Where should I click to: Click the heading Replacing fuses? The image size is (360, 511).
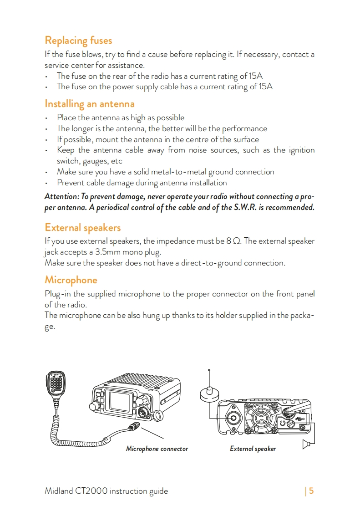(x=78, y=41)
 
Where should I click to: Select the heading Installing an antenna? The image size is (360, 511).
(x=89, y=104)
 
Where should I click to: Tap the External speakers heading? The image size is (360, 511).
(x=82, y=227)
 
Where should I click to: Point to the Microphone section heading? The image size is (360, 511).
(x=71, y=280)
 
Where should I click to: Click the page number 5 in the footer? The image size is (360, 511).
(x=312, y=491)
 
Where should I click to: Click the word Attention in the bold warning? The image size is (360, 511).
(x=61, y=197)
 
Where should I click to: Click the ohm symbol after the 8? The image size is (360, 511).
(x=236, y=241)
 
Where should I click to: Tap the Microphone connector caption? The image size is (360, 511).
(x=157, y=449)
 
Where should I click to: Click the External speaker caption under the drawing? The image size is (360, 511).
(x=253, y=449)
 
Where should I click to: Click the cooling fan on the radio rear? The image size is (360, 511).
(x=260, y=418)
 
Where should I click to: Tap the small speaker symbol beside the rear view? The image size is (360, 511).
(x=307, y=444)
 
